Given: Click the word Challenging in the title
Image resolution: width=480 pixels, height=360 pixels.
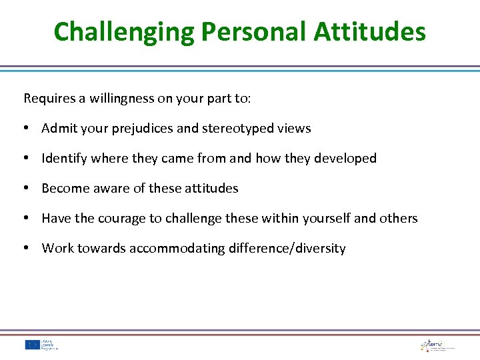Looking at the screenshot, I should click(x=123, y=31).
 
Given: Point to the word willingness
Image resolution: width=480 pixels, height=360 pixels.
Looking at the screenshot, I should click(x=119, y=99).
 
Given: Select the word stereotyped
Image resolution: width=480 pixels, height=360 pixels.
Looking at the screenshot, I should click(x=237, y=129).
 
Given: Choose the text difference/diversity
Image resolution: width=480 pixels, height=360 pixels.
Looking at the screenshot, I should click(x=287, y=249).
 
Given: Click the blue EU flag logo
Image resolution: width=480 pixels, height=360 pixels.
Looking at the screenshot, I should click(x=32, y=345).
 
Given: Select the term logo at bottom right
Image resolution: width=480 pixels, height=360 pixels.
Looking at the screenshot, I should click(x=437, y=345).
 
